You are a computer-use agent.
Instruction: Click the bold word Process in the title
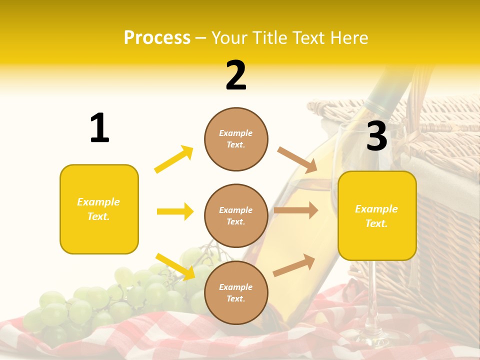coord(157,38)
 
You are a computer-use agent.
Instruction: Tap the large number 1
coord(99,128)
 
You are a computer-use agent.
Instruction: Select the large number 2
coord(236,75)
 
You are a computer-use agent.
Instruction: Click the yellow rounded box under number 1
coord(99,209)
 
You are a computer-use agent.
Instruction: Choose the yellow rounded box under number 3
coord(377,215)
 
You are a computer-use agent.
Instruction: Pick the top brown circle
coord(236,139)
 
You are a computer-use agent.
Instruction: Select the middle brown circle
coord(236,215)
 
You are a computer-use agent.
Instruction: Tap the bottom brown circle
coord(236,292)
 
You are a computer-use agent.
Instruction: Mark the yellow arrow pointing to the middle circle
coord(175,211)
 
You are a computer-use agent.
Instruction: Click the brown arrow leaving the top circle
coord(297,159)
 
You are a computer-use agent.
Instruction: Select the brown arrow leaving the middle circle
coord(296,210)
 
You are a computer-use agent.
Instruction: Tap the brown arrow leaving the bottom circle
coord(294,265)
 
